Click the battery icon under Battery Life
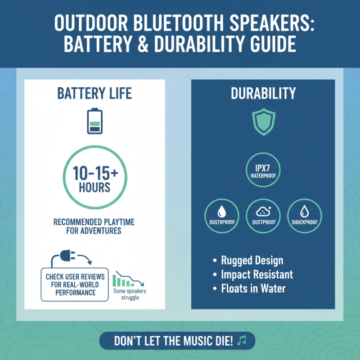point(94,121)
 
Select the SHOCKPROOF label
point(304,222)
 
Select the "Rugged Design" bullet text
point(252,261)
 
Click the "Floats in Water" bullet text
point(253,288)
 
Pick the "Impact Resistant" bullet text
point(256,274)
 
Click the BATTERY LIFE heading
point(94,94)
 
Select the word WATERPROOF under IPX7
point(263,176)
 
